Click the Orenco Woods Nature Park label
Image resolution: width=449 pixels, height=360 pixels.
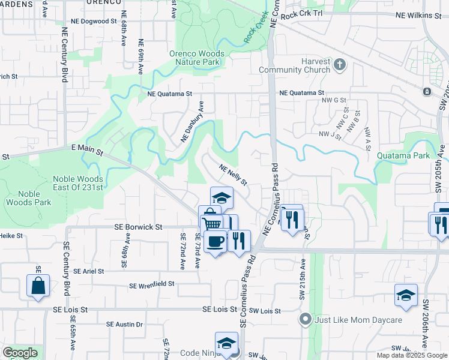click(x=197, y=58)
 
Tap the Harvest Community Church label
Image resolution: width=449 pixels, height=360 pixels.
click(x=294, y=65)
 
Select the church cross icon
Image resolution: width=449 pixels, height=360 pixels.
click(x=339, y=63)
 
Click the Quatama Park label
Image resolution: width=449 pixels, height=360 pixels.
click(x=403, y=156)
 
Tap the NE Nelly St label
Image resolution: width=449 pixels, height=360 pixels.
click(x=233, y=175)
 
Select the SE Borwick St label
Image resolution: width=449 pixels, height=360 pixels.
click(x=139, y=227)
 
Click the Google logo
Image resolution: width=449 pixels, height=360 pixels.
click(x=20, y=353)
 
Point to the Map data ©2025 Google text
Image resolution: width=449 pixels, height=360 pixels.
click(x=412, y=355)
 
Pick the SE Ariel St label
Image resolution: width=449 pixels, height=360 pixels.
click(x=93, y=271)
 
